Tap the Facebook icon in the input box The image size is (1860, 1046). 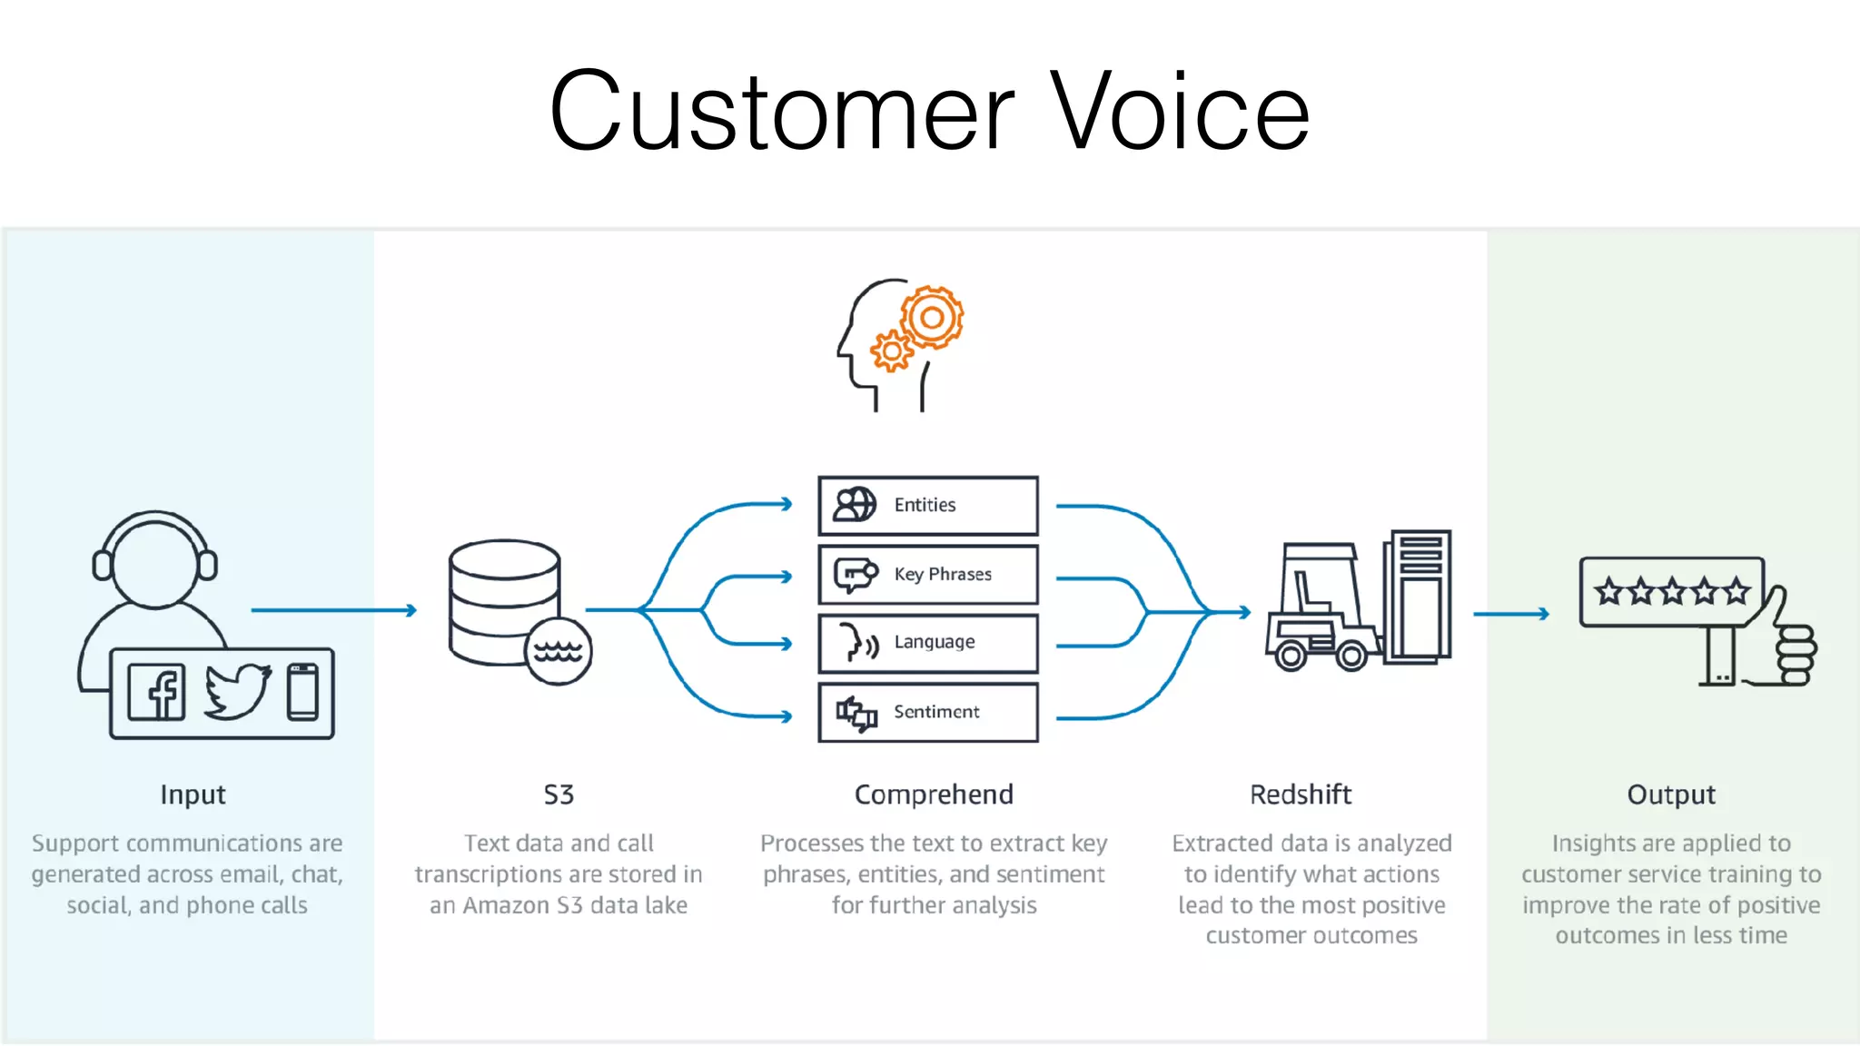[x=157, y=692]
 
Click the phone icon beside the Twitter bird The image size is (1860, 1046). [x=302, y=692]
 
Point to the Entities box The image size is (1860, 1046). [x=927, y=506]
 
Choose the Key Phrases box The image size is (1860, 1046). [x=927, y=575]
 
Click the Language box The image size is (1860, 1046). [x=927, y=643]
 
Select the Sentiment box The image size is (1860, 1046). [x=927, y=713]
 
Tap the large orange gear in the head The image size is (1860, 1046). [x=932, y=318]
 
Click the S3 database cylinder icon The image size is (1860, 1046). [x=504, y=599]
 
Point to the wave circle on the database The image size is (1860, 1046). [x=558, y=651]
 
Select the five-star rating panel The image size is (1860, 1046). [x=1671, y=592]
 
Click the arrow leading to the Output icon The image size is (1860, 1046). [x=1511, y=614]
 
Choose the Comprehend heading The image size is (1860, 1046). [x=933, y=794]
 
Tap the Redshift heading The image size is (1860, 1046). [x=1300, y=794]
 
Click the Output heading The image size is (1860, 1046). [x=1670, y=794]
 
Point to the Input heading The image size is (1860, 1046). [x=193, y=794]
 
